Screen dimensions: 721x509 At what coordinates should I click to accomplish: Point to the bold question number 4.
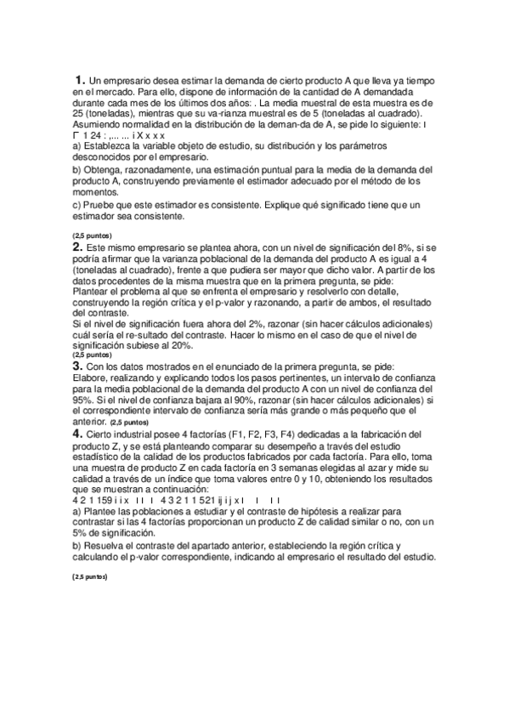tap(76, 433)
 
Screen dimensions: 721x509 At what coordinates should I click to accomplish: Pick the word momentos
tap(95, 192)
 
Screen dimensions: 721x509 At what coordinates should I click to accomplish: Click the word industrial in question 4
tap(141, 434)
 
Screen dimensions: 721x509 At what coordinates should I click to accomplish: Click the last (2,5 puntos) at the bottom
tap(90, 576)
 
